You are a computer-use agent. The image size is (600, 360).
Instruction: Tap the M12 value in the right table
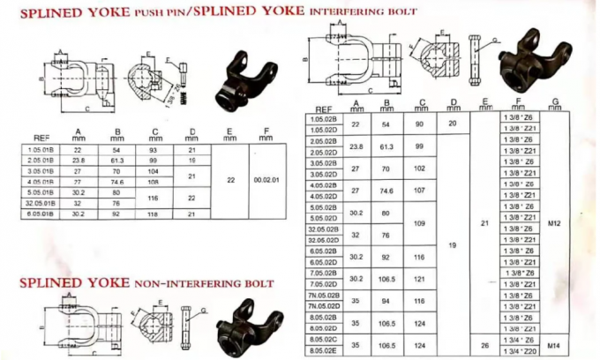click(x=553, y=223)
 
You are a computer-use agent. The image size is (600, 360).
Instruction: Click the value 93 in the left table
click(x=154, y=150)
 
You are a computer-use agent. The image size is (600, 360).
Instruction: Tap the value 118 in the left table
click(x=154, y=214)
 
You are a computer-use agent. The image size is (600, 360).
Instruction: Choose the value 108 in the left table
click(x=154, y=182)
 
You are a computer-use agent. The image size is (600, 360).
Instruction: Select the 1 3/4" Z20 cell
click(x=517, y=350)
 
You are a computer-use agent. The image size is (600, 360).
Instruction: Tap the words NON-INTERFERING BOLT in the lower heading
click(x=205, y=284)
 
